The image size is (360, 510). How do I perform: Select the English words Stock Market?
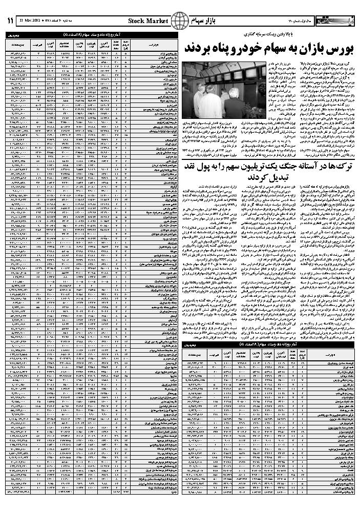pos(146,21)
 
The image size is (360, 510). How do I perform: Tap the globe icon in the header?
pos(180,21)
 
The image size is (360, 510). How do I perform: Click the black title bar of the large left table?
pos(90,34)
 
